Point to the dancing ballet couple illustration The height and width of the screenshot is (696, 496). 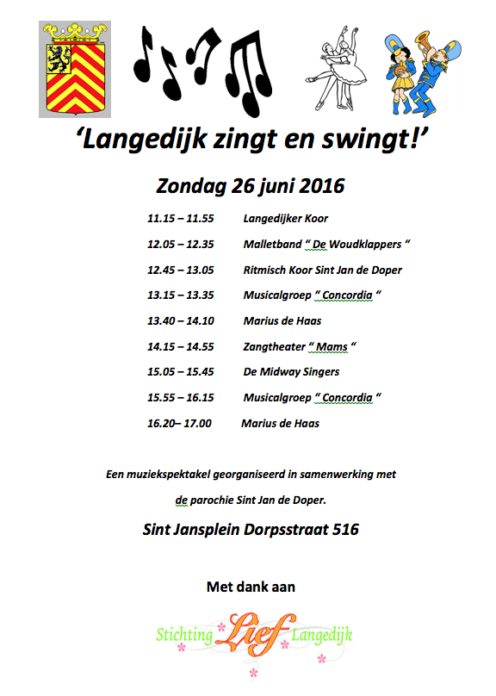click(346, 64)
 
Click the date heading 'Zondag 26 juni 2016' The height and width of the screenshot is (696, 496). click(250, 185)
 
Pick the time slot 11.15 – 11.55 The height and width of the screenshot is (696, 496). click(180, 219)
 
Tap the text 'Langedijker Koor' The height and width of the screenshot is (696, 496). click(285, 219)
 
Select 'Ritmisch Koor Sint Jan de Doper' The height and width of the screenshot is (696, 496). click(322, 270)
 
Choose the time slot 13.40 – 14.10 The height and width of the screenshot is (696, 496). click(180, 320)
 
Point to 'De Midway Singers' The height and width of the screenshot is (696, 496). click(291, 372)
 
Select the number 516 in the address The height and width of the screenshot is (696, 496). click(344, 530)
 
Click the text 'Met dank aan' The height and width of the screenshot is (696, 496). click(251, 587)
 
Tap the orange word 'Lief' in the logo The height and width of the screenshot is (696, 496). click(254, 636)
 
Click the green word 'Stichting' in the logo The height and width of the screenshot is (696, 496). click(184, 636)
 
